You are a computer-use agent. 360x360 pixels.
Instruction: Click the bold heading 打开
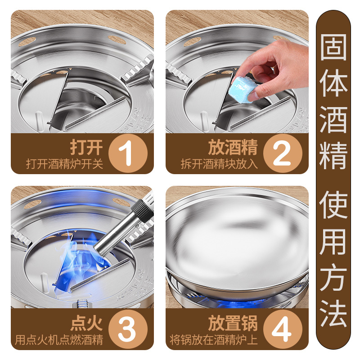(86, 147)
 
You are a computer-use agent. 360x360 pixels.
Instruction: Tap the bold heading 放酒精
(233, 147)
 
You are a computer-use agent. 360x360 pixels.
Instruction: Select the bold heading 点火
(86, 323)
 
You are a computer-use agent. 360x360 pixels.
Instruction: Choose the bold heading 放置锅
(233, 323)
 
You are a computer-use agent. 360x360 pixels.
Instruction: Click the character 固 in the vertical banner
(333, 45)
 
